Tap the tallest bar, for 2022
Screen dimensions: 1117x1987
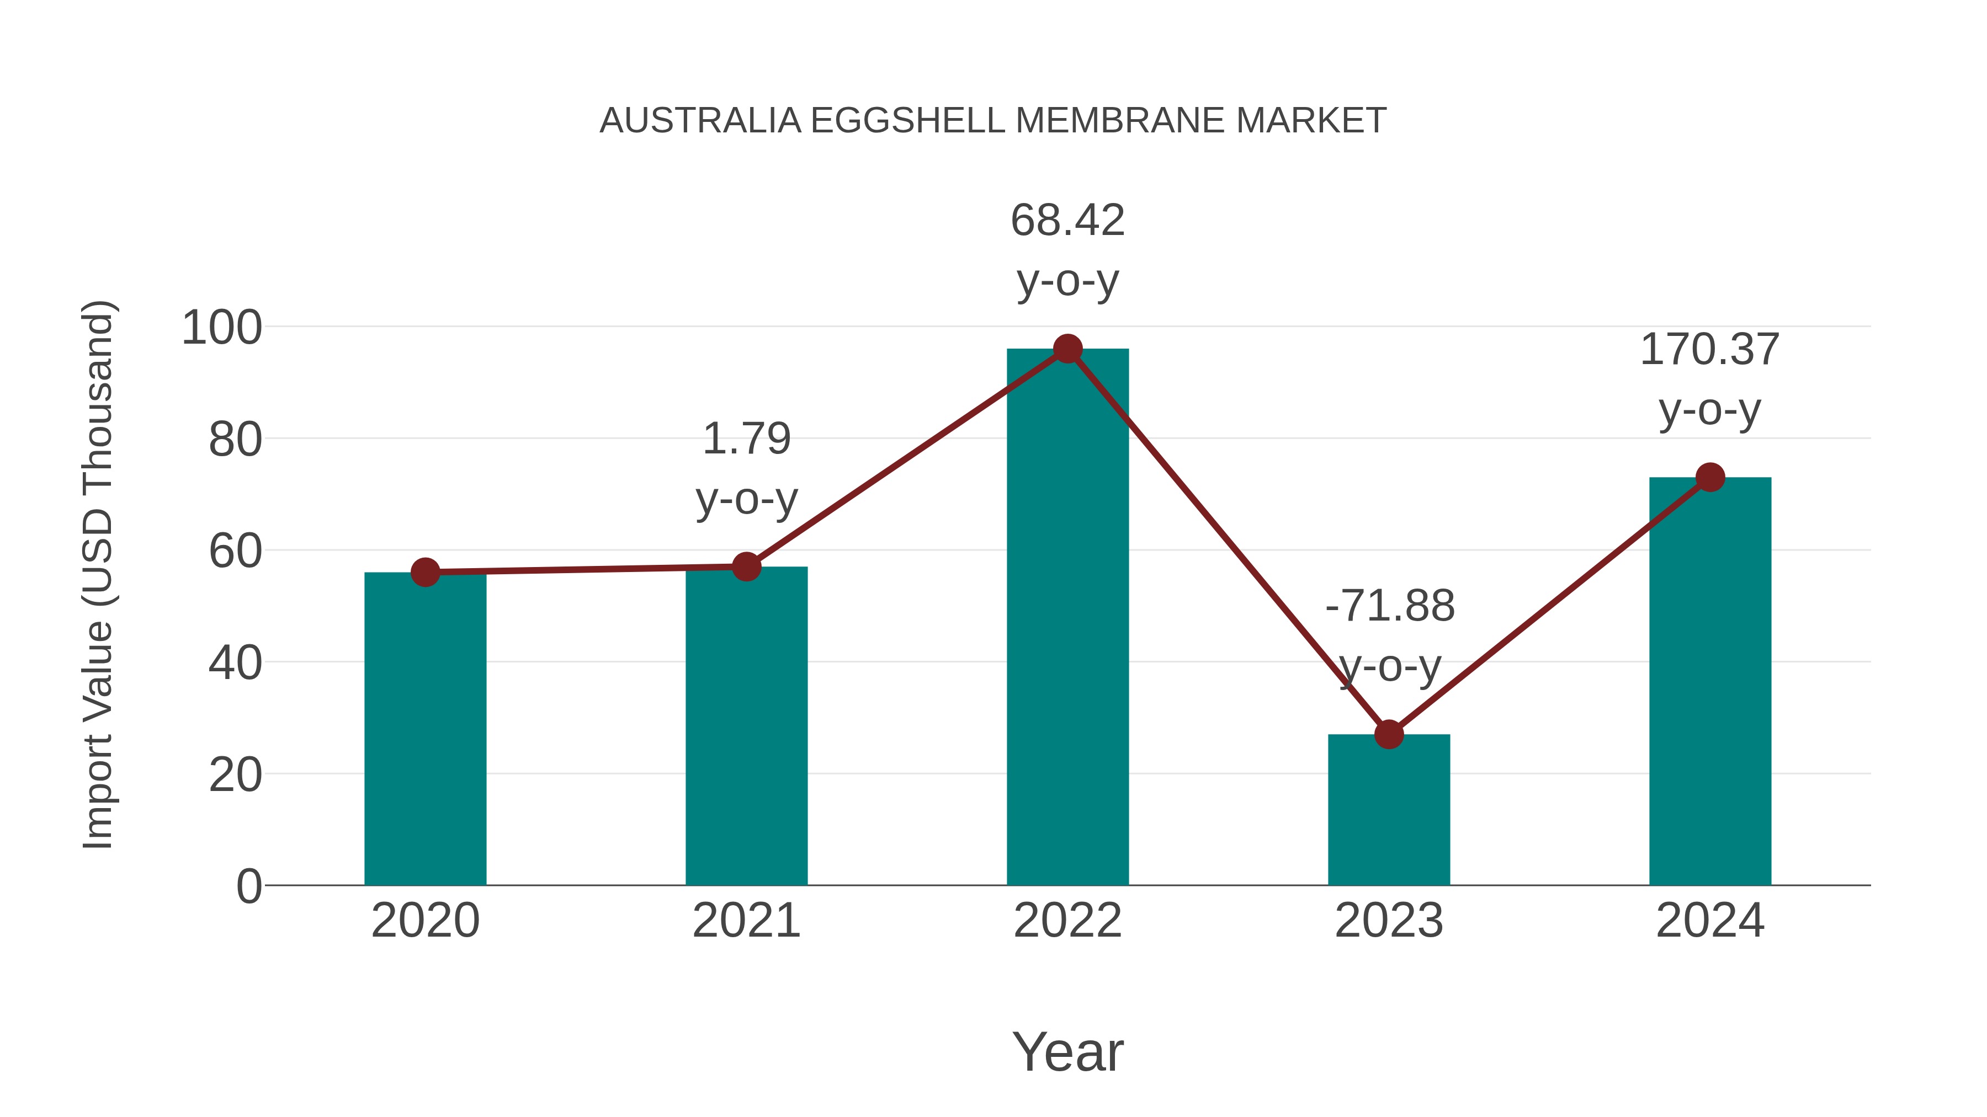tap(1067, 617)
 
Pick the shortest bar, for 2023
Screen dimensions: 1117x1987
tap(1389, 809)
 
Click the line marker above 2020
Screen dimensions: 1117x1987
tap(425, 572)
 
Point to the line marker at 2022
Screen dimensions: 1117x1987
tap(1067, 349)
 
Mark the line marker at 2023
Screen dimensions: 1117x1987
tap(1389, 735)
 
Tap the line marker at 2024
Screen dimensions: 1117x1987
tap(1710, 478)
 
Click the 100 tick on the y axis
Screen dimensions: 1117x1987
tap(221, 328)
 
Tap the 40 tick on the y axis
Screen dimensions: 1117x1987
tap(235, 663)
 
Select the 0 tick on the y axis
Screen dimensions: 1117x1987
tap(248, 886)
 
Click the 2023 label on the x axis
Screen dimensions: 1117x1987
tap(1389, 921)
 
